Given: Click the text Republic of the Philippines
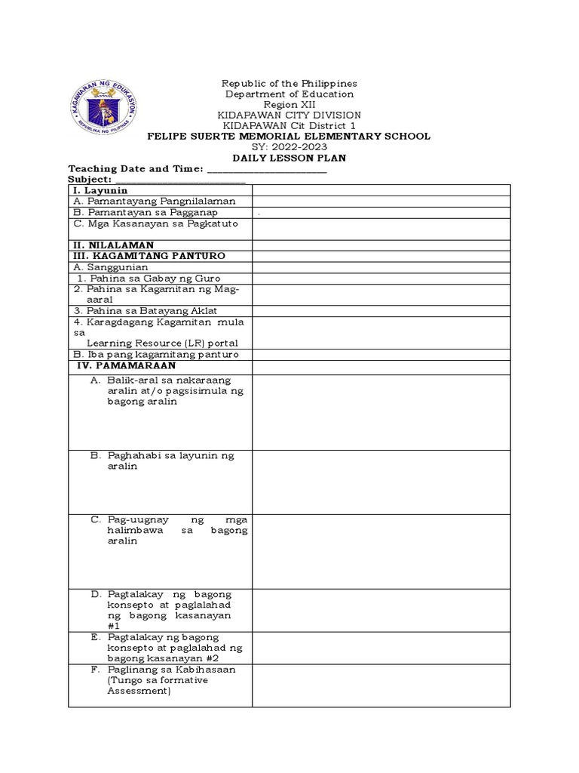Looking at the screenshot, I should (289, 83).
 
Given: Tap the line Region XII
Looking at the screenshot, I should (289, 104).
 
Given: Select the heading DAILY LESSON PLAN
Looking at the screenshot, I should (289, 158).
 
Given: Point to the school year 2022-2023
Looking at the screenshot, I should (289, 147).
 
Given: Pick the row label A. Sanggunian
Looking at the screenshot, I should (110, 267).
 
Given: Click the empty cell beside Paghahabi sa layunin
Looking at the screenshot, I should (381, 482).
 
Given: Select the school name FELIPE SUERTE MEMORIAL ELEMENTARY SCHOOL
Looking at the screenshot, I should (289, 137).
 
